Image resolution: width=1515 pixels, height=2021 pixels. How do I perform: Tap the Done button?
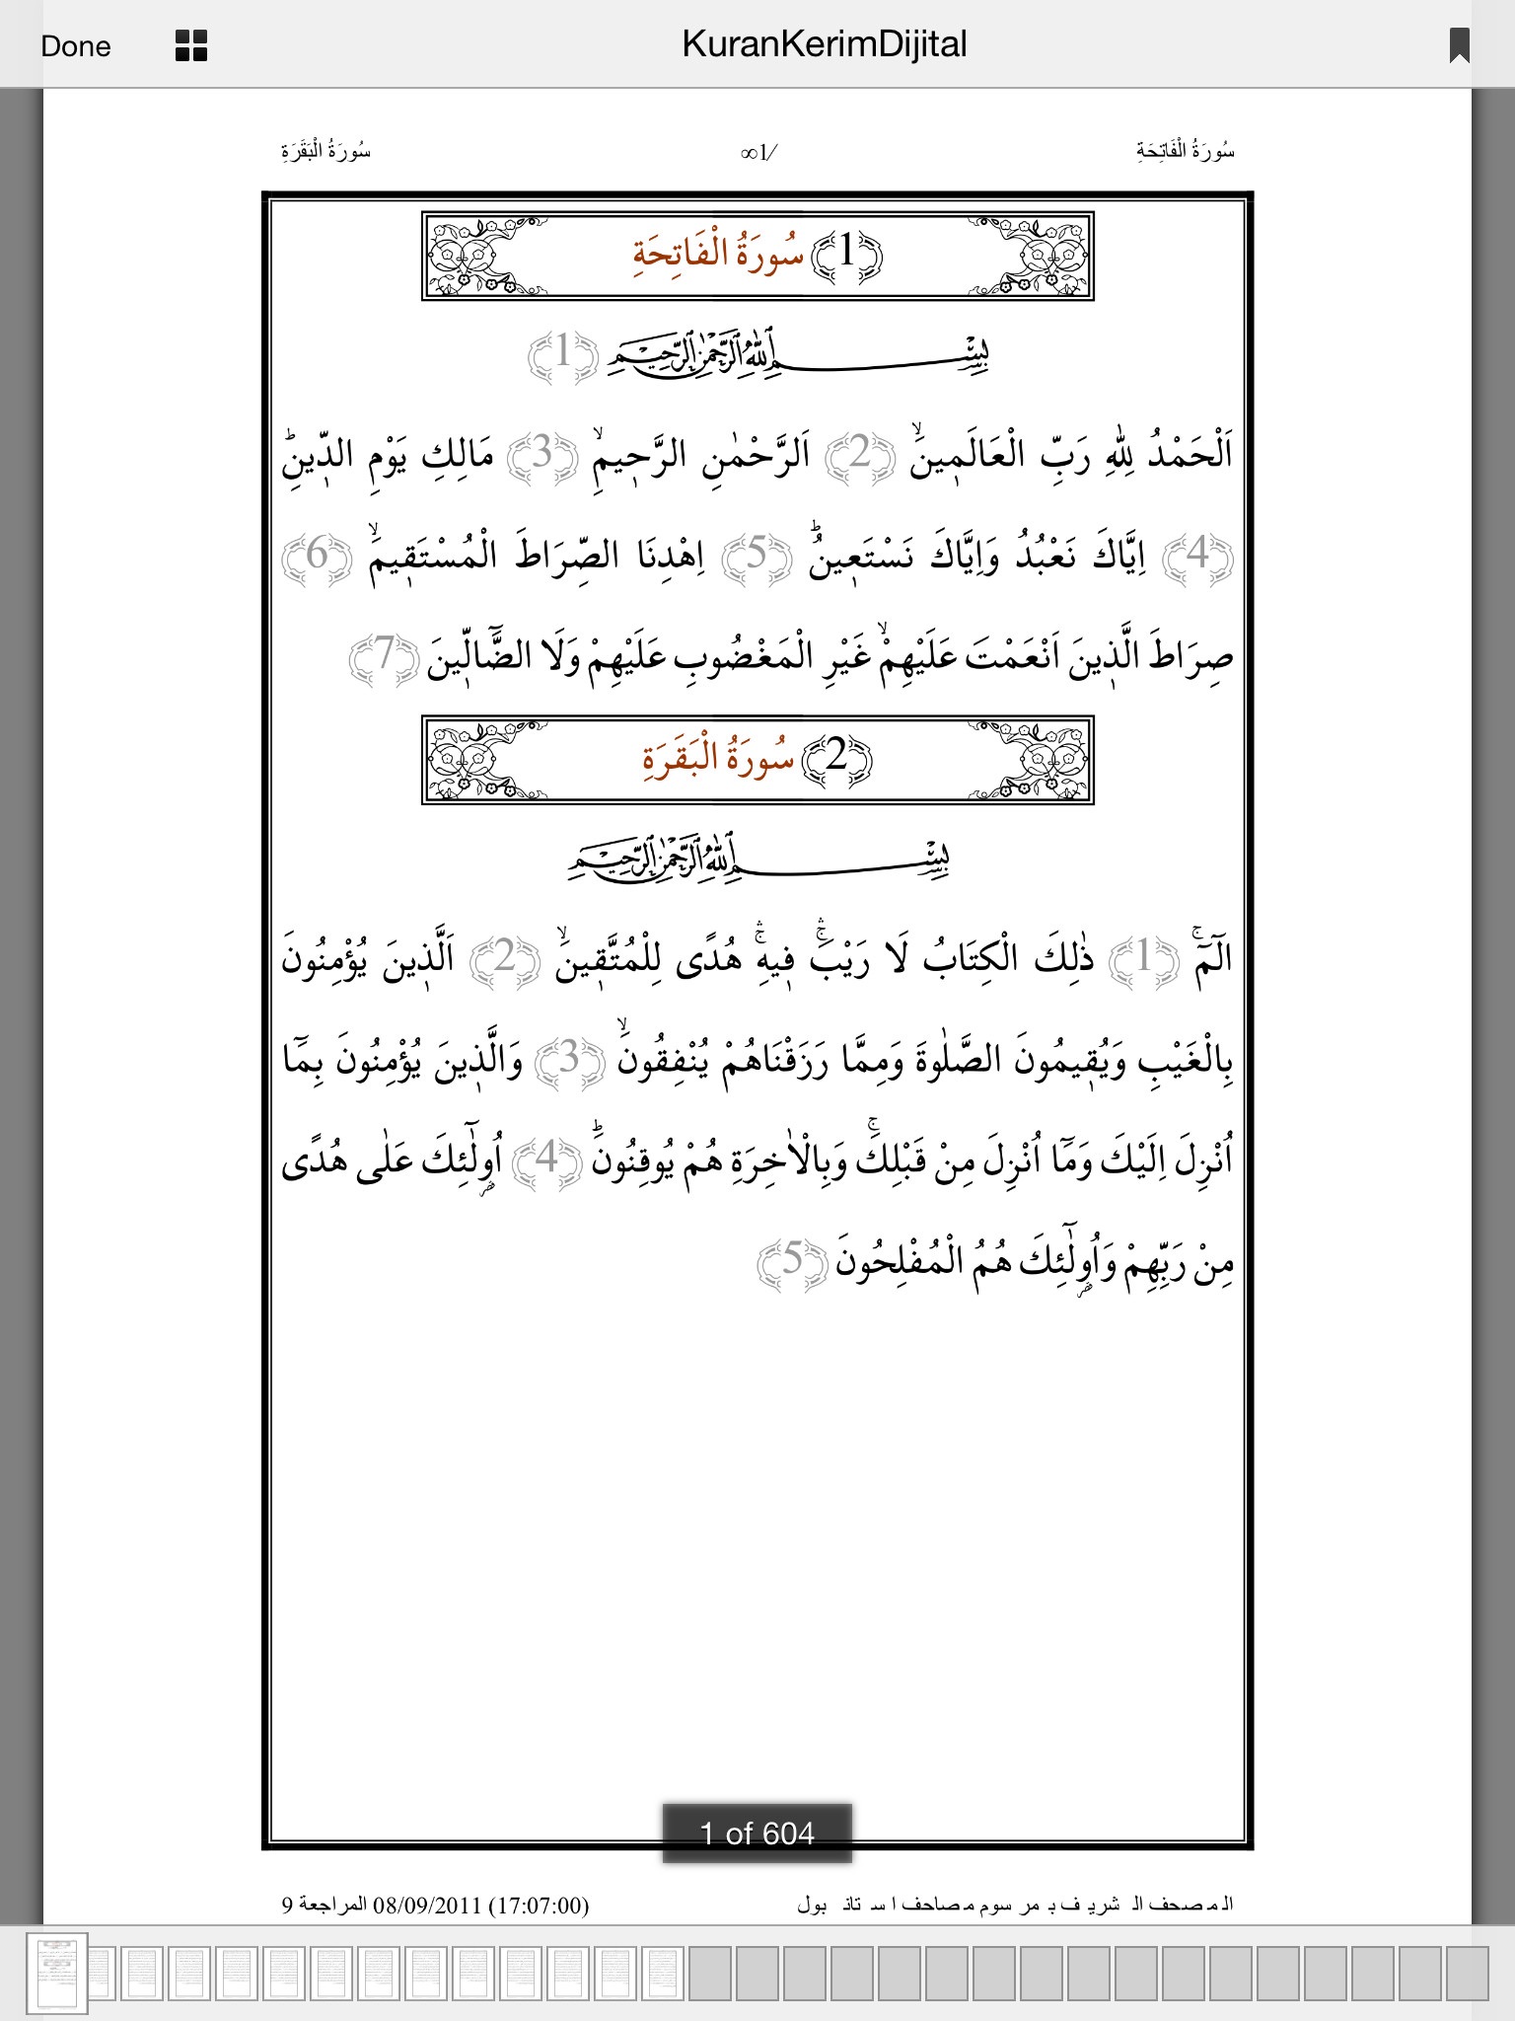(76, 46)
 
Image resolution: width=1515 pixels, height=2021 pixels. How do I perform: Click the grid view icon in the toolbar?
(190, 45)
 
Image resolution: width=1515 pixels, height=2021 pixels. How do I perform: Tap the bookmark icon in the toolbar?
(1459, 45)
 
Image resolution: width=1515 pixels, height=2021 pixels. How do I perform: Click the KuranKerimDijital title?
(824, 44)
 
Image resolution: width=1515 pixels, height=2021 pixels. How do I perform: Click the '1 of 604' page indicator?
(757, 1834)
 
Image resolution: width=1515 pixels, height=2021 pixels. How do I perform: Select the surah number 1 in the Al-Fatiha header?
(846, 253)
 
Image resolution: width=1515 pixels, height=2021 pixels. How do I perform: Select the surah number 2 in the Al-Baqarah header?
(836, 757)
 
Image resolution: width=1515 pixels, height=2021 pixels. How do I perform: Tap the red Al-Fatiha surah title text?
(717, 254)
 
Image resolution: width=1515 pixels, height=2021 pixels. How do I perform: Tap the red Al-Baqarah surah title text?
(717, 758)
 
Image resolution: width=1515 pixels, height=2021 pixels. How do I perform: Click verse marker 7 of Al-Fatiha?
(384, 655)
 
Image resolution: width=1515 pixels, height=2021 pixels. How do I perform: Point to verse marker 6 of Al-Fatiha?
(317, 556)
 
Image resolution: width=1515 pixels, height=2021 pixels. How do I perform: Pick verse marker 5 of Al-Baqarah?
(792, 1261)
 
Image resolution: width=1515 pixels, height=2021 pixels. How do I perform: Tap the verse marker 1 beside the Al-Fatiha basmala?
(562, 352)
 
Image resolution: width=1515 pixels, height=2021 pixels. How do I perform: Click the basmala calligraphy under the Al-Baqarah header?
(757, 861)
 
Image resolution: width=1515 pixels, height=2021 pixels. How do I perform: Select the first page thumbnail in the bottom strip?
(56, 1973)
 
